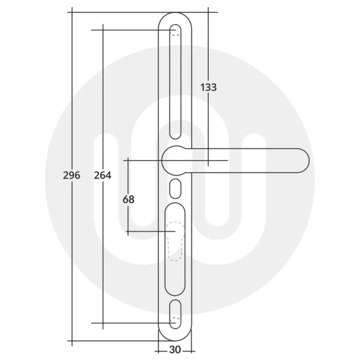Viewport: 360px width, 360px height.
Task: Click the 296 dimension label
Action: click(x=71, y=175)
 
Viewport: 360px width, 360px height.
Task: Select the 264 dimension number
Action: click(x=103, y=175)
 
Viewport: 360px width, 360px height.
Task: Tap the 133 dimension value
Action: click(x=208, y=87)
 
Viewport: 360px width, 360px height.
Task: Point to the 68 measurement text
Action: click(x=128, y=199)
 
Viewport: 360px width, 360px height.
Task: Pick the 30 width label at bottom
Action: click(x=175, y=350)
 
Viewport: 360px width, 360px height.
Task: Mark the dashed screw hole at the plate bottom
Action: click(x=175, y=322)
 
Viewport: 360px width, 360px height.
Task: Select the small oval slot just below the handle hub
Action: click(x=175, y=189)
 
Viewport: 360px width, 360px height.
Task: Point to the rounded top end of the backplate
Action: click(x=175, y=14)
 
